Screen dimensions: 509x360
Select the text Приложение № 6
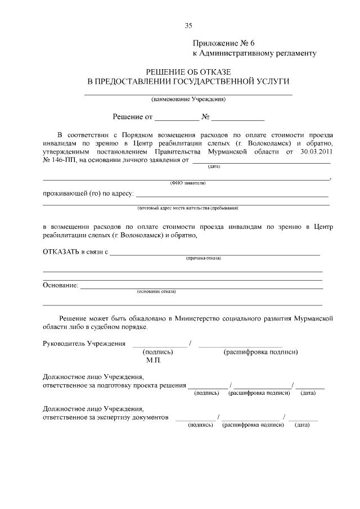pos(224,43)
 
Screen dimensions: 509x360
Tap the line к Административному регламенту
pos(255,53)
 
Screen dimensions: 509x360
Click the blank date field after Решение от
pos(177,118)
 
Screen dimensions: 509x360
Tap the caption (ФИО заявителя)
pos(187,183)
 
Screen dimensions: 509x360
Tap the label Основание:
pos(60,285)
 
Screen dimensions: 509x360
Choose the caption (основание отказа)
pos(156,292)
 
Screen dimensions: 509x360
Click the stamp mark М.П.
pos(154,360)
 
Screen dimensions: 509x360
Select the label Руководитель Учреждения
pos(84,344)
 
